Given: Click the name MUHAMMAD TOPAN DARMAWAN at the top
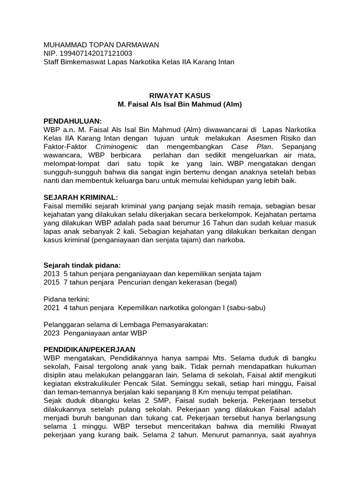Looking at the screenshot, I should tap(101, 45).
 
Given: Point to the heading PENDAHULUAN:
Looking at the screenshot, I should tap(72, 121).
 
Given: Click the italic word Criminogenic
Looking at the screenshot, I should tap(116, 146).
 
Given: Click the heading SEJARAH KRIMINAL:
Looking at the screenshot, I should tap(81, 197).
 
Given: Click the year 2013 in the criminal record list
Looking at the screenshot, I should tap(51, 273).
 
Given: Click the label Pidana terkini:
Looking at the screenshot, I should tap(66, 299).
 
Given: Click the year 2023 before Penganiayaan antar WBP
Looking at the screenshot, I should tap(51, 333).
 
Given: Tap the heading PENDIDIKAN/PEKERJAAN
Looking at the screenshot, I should tap(89, 350).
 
